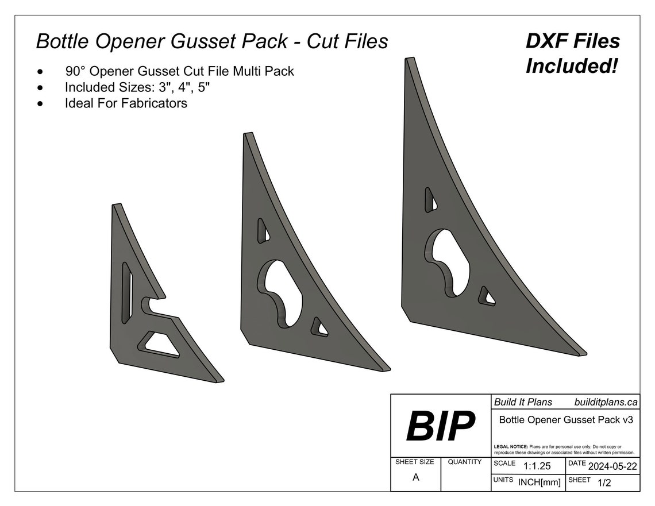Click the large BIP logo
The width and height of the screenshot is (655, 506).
441,426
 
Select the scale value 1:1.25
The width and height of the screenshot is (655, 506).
537,466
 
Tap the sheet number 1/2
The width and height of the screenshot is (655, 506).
604,483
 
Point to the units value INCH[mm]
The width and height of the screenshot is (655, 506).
539,482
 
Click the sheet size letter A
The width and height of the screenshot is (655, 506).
415,477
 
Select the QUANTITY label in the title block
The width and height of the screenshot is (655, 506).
464,462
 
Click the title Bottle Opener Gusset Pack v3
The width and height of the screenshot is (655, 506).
566,420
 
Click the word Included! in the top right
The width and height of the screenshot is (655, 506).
572,66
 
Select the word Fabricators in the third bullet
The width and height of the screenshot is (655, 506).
154,104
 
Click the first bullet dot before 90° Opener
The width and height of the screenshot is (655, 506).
40,72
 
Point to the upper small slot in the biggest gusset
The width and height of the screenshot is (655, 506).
430,199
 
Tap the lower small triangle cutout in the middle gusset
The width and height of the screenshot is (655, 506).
318,327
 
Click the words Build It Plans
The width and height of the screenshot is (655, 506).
523,403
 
